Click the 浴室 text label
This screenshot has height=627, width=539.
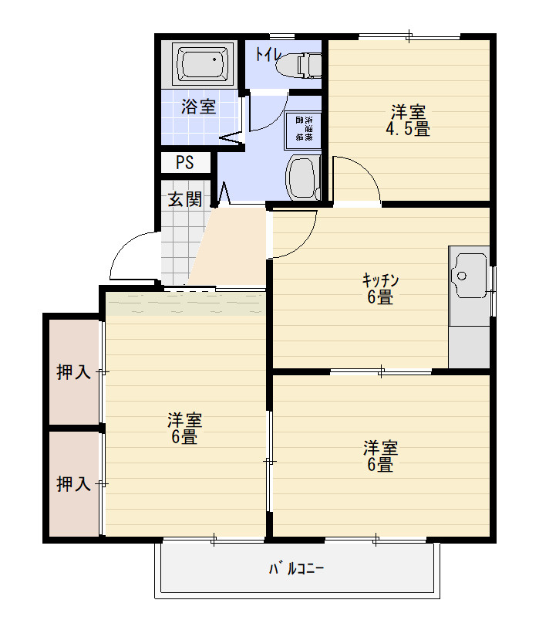click(198, 107)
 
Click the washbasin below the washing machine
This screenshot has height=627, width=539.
click(302, 178)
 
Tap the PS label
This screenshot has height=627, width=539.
click(184, 163)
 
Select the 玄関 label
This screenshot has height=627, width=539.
click(185, 199)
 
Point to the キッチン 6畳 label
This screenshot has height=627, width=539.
click(379, 288)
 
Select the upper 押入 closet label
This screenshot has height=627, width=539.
click(74, 372)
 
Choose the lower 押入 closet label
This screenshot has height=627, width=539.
click(74, 485)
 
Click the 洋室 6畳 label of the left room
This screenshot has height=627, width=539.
click(185, 429)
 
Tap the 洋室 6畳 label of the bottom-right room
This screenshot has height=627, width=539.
click(380, 456)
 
